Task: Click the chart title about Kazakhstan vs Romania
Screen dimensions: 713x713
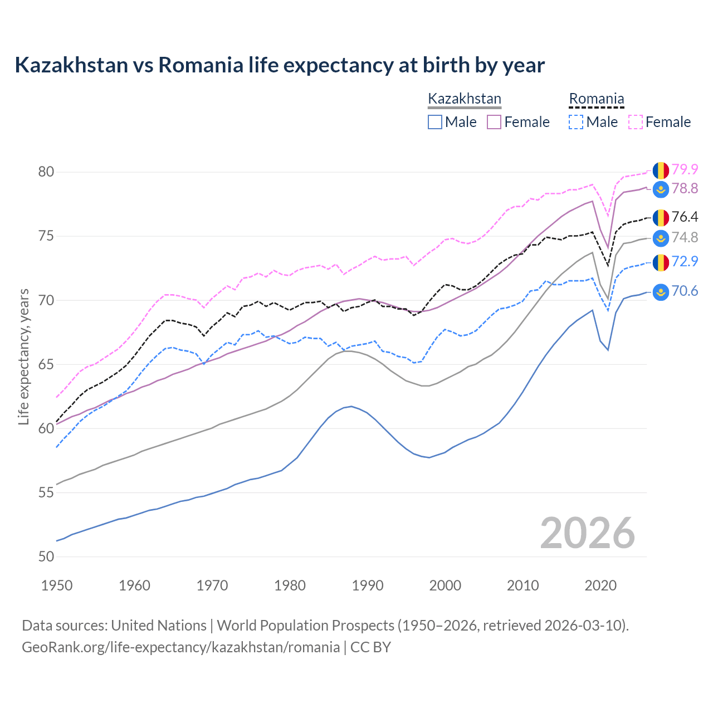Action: (x=280, y=65)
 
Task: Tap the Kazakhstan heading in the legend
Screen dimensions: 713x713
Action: (x=465, y=99)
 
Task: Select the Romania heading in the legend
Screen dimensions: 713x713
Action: (x=596, y=99)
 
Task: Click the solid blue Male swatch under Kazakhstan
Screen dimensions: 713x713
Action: (x=435, y=122)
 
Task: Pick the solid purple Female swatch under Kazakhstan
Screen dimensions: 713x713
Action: (x=494, y=122)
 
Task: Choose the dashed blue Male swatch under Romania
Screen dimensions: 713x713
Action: (x=576, y=122)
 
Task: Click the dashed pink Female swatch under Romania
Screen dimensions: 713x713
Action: (x=635, y=122)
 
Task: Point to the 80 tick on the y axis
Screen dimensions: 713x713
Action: (x=46, y=172)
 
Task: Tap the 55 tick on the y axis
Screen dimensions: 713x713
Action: (x=46, y=492)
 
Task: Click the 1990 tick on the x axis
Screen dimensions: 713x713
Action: (x=368, y=585)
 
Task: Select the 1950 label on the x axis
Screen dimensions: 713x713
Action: (x=57, y=585)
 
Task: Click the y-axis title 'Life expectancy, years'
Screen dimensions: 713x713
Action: (x=23, y=356)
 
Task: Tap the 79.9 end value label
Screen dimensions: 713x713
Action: (x=685, y=169)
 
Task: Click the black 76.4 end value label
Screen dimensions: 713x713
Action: (x=685, y=217)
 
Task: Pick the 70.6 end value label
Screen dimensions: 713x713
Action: (x=685, y=291)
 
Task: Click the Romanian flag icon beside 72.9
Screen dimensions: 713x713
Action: (x=661, y=262)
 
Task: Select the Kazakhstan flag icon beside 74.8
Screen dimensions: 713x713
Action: (x=661, y=238)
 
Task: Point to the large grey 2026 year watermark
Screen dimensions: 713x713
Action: (x=588, y=533)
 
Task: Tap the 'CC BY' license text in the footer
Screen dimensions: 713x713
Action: (x=370, y=647)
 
